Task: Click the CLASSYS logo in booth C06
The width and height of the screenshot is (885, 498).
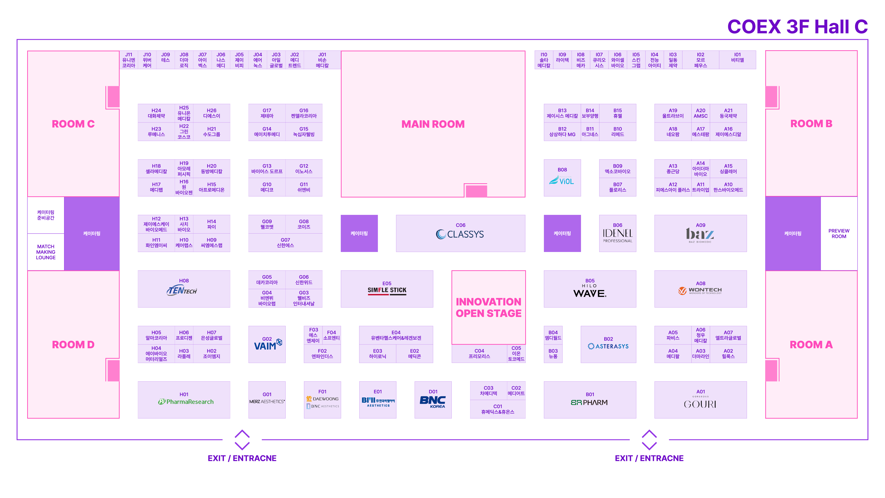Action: click(460, 234)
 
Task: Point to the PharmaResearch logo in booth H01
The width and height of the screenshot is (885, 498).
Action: click(186, 402)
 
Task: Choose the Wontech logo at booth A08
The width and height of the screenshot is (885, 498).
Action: click(700, 291)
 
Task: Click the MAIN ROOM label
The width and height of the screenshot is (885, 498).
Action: click(433, 124)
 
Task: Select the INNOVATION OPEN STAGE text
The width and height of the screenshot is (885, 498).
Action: click(489, 308)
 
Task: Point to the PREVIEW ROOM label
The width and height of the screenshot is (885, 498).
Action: click(839, 234)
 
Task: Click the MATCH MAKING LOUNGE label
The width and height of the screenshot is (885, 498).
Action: click(46, 252)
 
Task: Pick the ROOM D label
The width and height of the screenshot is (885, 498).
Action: click(73, 345)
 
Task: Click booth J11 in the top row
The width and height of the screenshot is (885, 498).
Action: click(129, 60)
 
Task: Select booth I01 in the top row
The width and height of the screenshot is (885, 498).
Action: click(737, 60)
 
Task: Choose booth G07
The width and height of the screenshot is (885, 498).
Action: click(285, 243)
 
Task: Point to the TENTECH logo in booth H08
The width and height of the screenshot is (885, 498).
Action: click(182, 290)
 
